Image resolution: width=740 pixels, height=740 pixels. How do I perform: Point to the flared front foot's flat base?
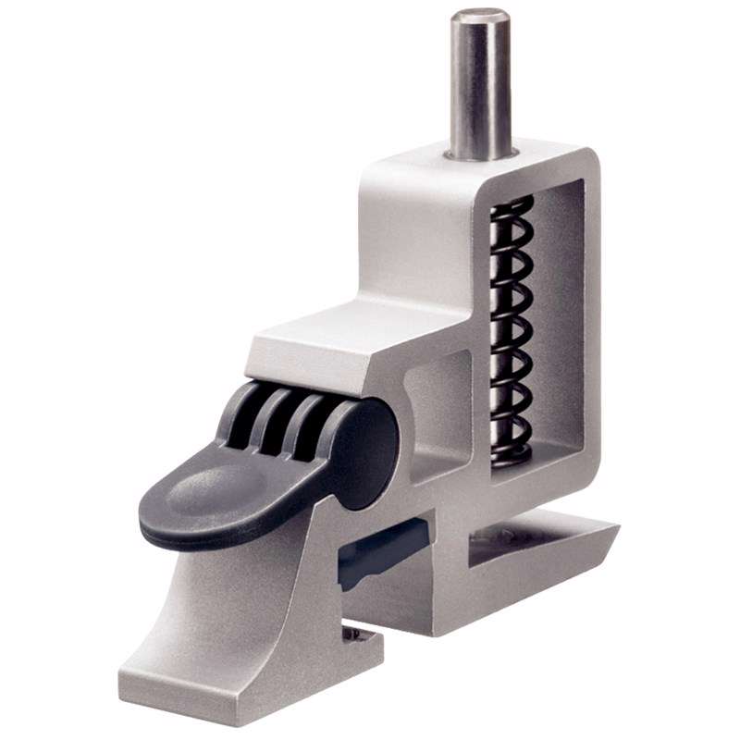[x=231, y=680]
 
